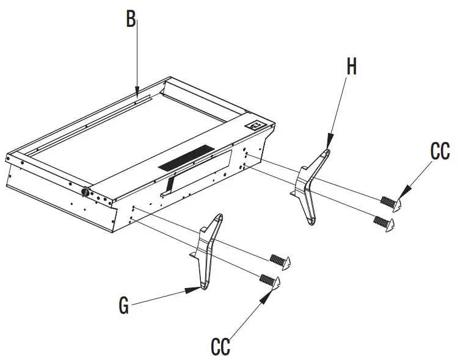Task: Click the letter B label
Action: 131,20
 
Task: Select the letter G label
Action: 124,305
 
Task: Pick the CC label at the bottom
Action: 220,347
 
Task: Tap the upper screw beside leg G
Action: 281,260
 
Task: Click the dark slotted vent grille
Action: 187,157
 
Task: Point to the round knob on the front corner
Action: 85,192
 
